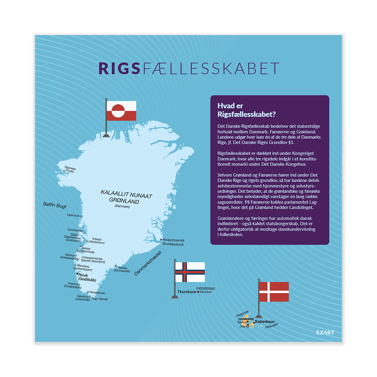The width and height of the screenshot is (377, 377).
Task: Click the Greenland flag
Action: (121, 111)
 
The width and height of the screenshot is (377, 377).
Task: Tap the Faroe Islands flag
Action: (190, 272)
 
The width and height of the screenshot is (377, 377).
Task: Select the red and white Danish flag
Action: (274, 291)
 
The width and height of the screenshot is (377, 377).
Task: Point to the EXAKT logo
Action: (325, 333)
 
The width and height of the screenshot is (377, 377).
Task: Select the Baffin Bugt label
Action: (55, 205)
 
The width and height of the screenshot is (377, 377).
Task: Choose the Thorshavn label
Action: (187, 292)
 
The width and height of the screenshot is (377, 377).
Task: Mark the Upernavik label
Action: (73, 216)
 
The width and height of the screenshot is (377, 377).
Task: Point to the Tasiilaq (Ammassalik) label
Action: (122, 269)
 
